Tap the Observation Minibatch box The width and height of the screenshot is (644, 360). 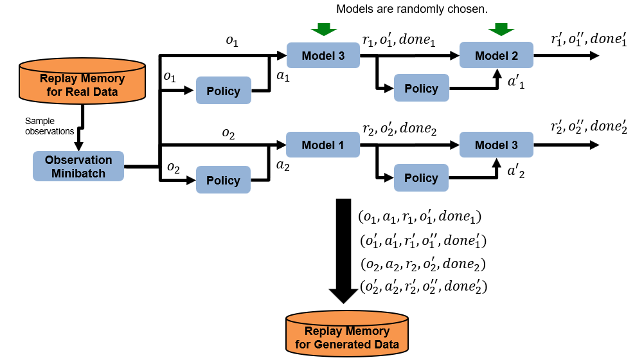tap(78, 166)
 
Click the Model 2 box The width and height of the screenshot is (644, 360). tap(496, 56)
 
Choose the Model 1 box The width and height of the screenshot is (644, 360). tap(323, 146)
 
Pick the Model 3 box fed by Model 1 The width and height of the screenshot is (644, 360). tap(496, 146)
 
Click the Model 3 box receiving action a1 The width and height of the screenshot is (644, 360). tap(323, 56)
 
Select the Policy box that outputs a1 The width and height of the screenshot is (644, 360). tap(223, 91)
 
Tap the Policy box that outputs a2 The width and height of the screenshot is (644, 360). tap(223, 180)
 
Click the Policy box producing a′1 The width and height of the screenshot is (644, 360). tap(421, 88)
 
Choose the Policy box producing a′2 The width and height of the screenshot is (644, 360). tap(421, 178)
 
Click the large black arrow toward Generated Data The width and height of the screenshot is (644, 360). tap(343, 251)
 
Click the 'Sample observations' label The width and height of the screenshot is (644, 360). tap(49, 125)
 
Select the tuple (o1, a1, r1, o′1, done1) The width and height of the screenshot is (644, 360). tap(420, 217)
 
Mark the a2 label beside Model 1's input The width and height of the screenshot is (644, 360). tap(283, 165)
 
